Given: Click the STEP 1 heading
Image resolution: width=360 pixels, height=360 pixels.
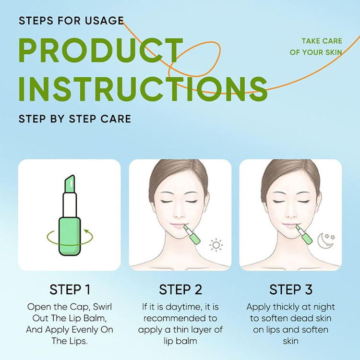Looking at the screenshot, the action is point(70,289).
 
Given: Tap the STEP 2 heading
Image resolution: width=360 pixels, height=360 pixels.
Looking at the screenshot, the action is point(180,289).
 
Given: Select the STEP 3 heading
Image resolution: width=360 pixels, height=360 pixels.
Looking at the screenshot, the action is point(291,289).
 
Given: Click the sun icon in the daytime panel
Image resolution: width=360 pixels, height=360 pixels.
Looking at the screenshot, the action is point(216,245).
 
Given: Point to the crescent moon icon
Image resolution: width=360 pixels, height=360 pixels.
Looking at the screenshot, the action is point(323,241).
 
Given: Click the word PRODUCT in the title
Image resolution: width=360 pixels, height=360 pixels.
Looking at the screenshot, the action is point(101,50).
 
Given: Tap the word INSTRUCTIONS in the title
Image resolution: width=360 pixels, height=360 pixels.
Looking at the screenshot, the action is point(143,89).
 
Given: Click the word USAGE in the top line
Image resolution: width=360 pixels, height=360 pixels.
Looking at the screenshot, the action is point(105,21).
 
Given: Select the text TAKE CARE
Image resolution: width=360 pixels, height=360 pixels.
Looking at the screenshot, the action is point(322,41).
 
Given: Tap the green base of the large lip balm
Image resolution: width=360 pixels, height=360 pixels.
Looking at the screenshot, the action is point(70,237).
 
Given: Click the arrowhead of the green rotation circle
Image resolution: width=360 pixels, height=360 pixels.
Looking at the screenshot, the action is point(86,230).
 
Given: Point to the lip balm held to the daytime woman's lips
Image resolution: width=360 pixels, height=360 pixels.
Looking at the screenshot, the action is point(192,234).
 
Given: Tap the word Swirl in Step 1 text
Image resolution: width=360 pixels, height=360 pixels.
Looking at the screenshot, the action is point(102,307).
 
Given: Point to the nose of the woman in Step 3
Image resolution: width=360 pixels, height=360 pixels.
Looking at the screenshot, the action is point(290,214).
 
